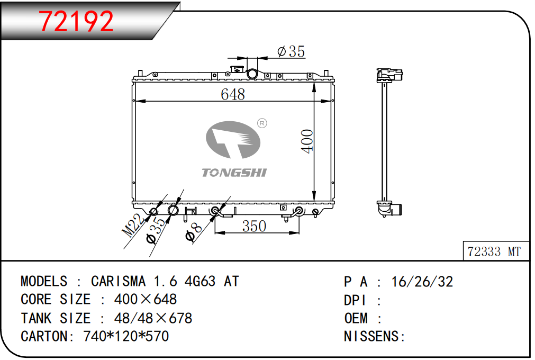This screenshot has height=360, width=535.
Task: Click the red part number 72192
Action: coord(76,21)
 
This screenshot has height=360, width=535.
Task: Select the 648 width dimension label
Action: coord(233,94)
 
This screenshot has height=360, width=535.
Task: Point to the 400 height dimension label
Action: coord(307,141)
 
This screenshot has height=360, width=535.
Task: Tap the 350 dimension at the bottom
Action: coord(254,226)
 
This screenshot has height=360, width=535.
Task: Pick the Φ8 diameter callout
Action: coord(194,232)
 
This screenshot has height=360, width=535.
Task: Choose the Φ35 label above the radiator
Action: coord(291,51)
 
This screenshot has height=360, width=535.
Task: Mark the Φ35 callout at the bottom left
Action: coord(157,230)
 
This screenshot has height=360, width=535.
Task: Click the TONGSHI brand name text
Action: coord(234,173)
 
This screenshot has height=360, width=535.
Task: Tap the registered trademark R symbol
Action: coord(262,123)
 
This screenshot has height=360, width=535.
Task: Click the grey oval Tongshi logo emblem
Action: coord(233,140)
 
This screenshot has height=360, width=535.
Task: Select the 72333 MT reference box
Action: coord(496,251)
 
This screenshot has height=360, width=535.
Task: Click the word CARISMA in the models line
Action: coord(118,282)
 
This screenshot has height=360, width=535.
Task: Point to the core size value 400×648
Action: coord(146,300)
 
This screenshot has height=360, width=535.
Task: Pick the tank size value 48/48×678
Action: coord(153,318)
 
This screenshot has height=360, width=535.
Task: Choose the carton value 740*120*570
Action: coord(126,337)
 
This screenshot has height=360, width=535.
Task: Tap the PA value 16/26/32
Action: coord(422,282)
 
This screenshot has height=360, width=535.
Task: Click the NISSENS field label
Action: coord(374,337)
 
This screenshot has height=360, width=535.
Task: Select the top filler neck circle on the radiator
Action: coord(252,74)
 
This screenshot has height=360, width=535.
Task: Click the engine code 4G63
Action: coord(200,282)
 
